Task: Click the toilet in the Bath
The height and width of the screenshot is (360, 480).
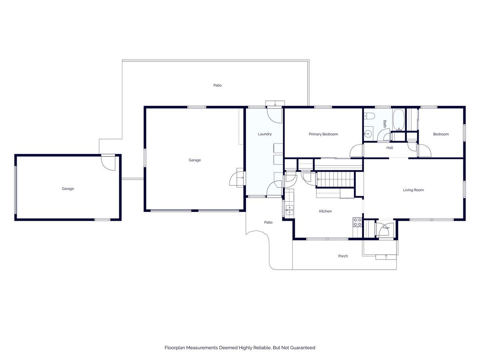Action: pyautogui.click(x=369, y=116)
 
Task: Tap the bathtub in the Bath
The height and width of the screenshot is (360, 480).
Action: pyautogui.click(x=399, y=120)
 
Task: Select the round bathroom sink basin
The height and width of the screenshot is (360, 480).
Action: pyautogui.click(x=368, y=133)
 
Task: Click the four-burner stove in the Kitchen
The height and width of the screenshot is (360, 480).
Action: pyautogui.click(x=357, y=222)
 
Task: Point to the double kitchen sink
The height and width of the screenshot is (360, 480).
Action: pyautogui.click(x=289, y=210)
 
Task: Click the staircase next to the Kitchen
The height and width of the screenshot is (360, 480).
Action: pyautogui.click(x=335, y=180)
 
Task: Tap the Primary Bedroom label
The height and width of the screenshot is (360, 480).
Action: pyautogui.click(x=323, y=134)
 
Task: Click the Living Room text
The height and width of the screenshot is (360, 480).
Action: pyautogui.click(x=413, y=190)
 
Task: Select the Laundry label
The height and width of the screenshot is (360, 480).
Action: pyautogui.click(x=265, y=134)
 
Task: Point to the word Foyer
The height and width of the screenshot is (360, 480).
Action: pyautogui.click(x=386, y=228)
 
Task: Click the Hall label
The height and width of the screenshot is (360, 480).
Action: pyautogui.click(x=390, y=148)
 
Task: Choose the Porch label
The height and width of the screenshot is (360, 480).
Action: pyautogui.click(x=343, y=256)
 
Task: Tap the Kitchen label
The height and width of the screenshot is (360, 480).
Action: pyautogui.click(x=325, y=211)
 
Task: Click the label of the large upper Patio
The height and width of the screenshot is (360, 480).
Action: pyautogui.click(x=217, y=85)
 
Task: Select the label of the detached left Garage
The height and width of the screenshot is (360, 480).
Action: pyautogui.click(x=68, y=189)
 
